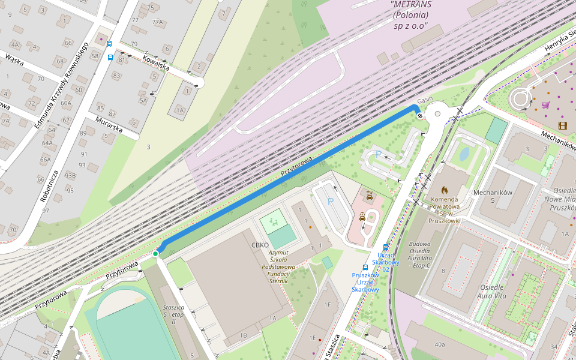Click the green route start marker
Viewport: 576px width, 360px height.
click(155, 254)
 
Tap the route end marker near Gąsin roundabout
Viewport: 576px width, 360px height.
click(419, 116)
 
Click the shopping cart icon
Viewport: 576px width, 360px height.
click(545, 104)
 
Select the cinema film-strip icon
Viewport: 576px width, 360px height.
click(562, 125)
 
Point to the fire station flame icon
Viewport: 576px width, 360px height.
click(445, 190)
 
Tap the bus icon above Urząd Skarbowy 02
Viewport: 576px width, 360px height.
click(385, 247)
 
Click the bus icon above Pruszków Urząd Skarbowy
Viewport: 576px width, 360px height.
click(365, 268)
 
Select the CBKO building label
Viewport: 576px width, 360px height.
click(260, 245)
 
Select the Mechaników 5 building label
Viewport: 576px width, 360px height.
click(492, 197)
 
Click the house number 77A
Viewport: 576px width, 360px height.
click(157, 22)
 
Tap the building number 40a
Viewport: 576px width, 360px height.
click(440, 344)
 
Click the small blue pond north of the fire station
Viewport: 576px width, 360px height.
click(464, 154)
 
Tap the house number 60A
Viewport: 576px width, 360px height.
click(65, 103)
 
